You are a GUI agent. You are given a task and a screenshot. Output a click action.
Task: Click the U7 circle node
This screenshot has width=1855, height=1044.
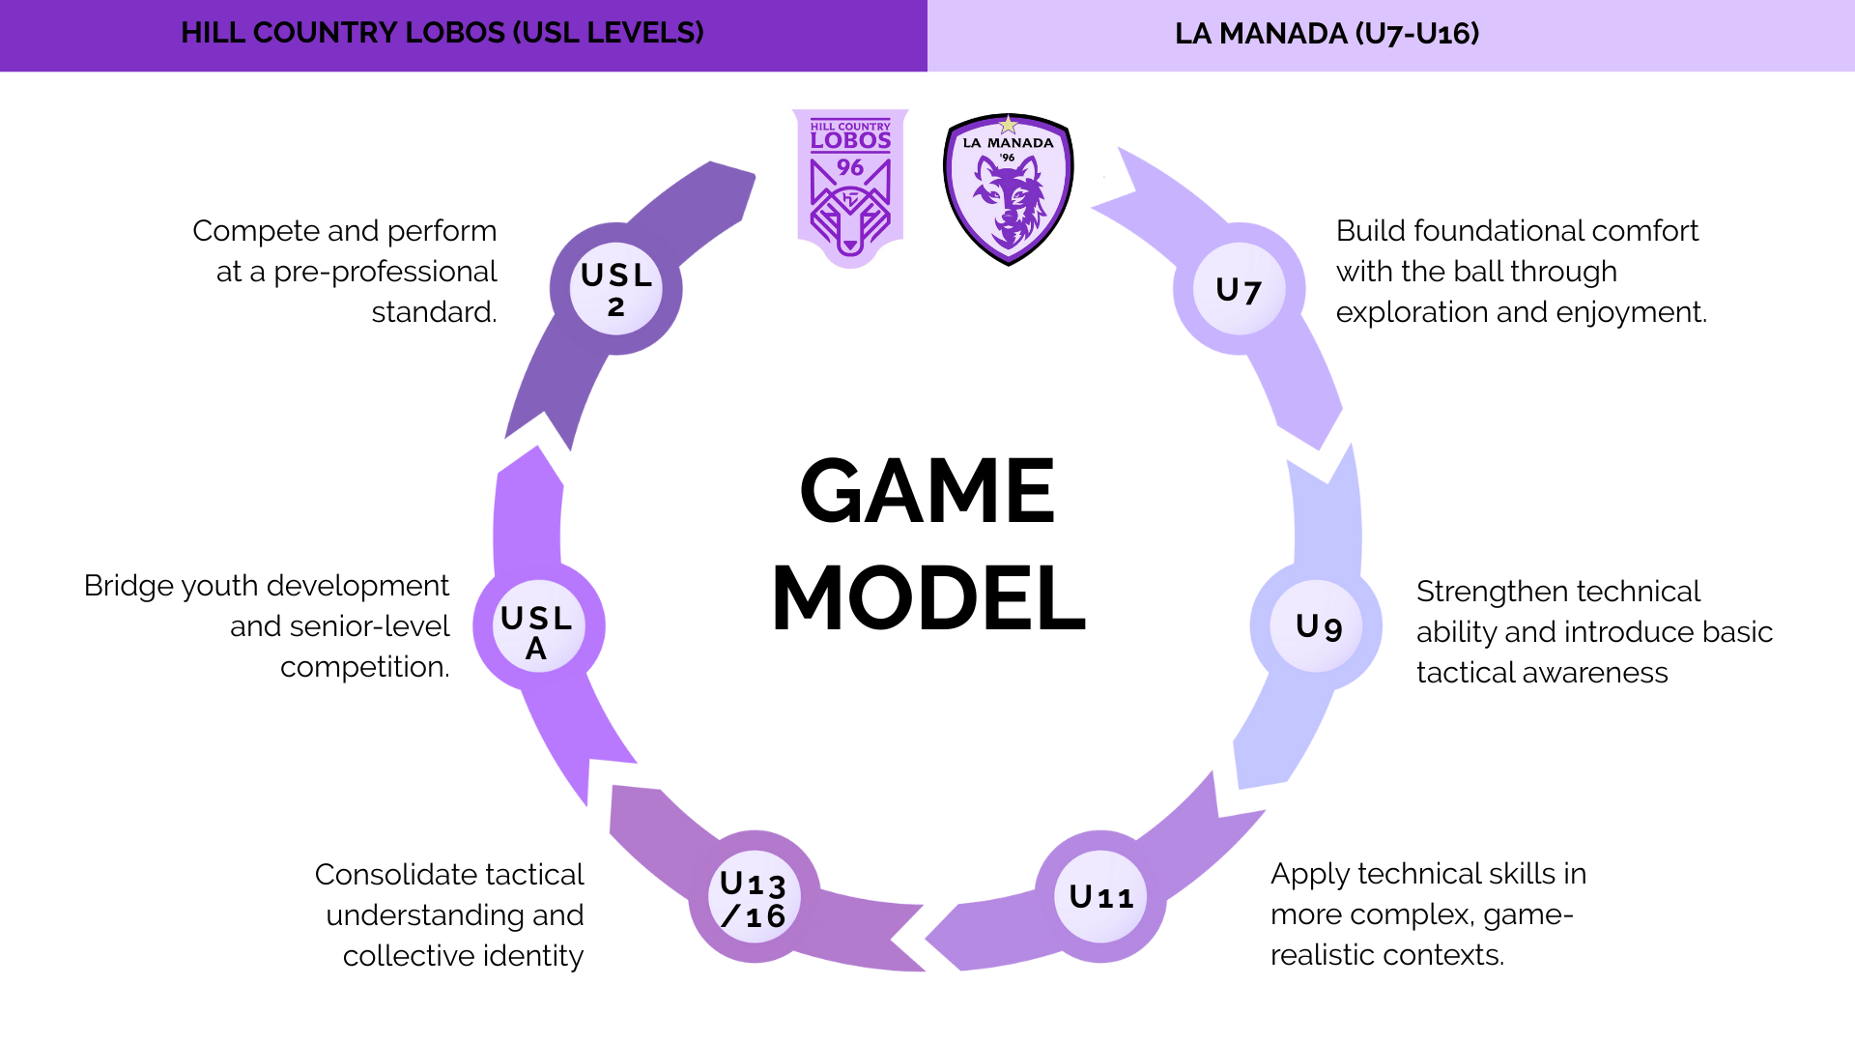1239,289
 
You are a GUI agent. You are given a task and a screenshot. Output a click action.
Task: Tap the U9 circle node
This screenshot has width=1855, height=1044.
1318,626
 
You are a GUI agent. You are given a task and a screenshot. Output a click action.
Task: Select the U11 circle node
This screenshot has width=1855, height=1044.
1100,897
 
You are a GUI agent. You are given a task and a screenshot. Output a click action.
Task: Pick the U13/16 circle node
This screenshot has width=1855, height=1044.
754,898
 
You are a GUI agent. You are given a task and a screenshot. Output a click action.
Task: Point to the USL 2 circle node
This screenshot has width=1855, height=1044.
615,289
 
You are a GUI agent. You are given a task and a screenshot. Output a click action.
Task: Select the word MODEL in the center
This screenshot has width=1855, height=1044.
928,598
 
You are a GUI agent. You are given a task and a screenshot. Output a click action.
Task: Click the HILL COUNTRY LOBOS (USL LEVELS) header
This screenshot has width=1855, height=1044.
442,33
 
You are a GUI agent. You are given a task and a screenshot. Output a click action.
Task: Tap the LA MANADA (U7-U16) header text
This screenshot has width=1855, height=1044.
1327,34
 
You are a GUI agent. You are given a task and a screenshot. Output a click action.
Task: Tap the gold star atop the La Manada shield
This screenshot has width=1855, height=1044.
1009,125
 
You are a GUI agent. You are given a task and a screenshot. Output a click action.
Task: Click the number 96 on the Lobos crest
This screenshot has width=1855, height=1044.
850,167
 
